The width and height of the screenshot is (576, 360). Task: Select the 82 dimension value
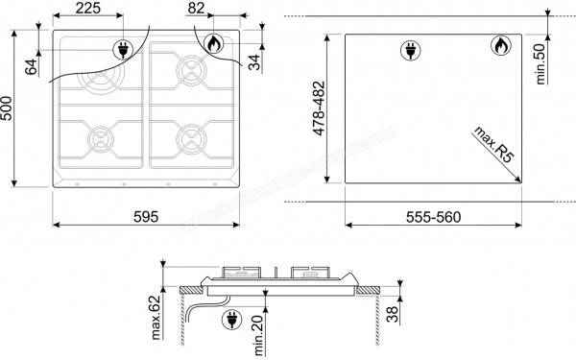198,9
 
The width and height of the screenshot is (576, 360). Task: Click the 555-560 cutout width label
433,215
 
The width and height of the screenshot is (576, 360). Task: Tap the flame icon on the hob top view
212,43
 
